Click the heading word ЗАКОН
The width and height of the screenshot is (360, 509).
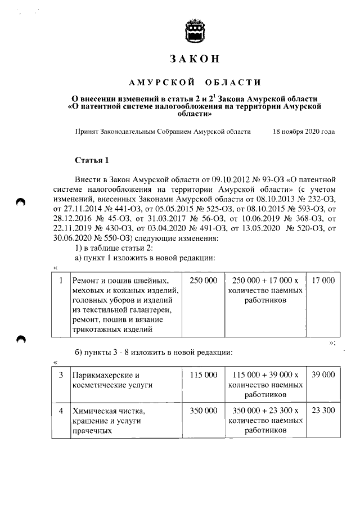click(x=193, y=59)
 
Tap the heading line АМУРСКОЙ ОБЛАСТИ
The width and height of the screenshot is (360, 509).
click(x=195, y=83)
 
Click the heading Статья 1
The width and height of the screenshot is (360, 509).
click(x=91, y=161)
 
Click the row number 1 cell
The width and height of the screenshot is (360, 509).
click(x=60, y=280)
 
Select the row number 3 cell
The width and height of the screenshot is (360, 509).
click(x=60, y=375)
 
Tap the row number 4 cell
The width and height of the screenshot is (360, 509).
click(x=60, y=411)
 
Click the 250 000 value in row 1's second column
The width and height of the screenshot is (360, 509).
click(x=203, y=280)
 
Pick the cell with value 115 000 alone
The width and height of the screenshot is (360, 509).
click(x=203, y=375)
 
